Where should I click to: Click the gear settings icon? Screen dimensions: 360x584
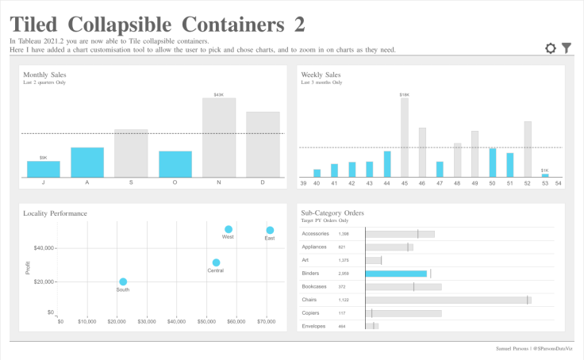(x=551, y=48)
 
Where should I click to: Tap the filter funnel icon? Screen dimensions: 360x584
(x=567, y=48)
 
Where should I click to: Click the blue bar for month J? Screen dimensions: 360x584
(x=44, y=169)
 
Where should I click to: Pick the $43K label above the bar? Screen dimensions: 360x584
(x=219, y=94)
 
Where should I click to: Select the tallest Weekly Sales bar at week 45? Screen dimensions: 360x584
(x=405, y=137)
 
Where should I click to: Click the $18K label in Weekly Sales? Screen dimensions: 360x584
(x=405, y=94)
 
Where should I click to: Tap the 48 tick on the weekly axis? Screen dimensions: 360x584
(x=457, y=183)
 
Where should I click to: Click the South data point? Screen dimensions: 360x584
(x=123, y=281)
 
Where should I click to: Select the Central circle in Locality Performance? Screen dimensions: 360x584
(x=216, y=262)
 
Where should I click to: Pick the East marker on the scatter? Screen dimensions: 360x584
(x=270, y=230)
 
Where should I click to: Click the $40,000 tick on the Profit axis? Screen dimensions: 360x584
(x=39, y=247)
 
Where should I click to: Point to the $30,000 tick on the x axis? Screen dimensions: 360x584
(x=147, y=321)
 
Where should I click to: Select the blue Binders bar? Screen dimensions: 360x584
(x=396, y=274)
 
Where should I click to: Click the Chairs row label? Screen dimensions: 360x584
(x=310, y=300)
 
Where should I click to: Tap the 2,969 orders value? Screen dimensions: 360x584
(x=344, y=274)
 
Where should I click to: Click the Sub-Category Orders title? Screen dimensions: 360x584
(x=332, y=213)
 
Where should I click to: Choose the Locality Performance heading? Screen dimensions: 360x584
(x=55, y=213)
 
